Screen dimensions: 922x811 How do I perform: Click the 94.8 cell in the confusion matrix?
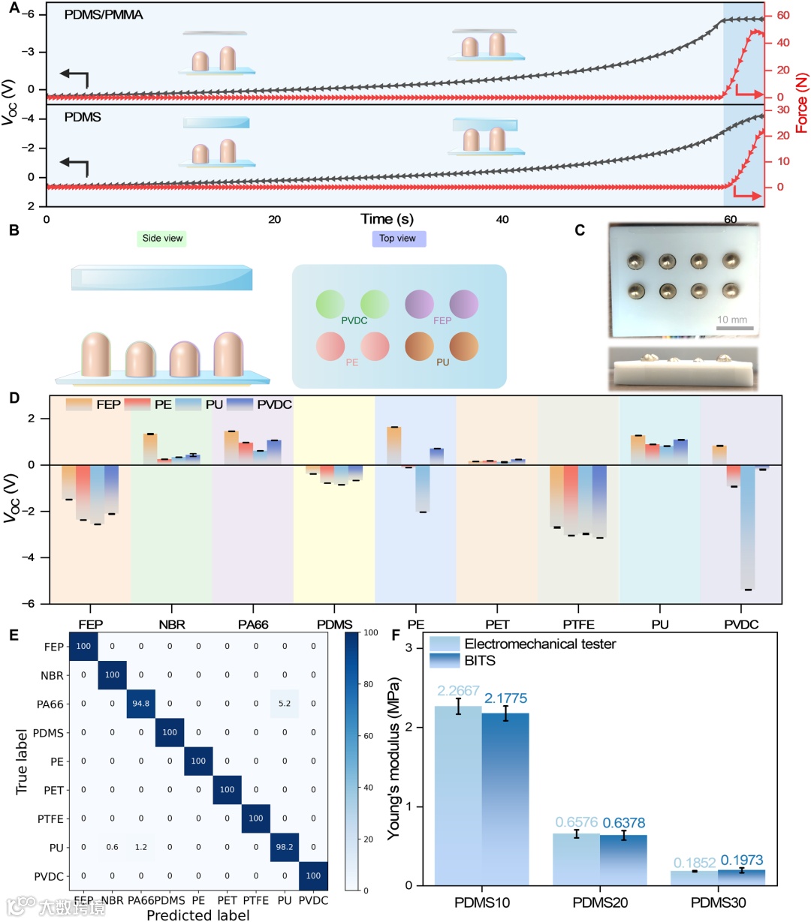point(140,704)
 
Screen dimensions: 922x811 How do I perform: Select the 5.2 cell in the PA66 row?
point(285,704)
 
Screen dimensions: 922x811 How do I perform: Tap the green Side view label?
point(163,239)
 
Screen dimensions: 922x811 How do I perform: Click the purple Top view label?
point(397,239)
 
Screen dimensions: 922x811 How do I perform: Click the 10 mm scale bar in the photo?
point(734,328)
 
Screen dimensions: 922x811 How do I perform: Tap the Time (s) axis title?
point(387,219)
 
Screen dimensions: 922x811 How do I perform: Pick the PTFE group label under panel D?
point(578,624)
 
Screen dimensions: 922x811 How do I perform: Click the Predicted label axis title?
point(198,914)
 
